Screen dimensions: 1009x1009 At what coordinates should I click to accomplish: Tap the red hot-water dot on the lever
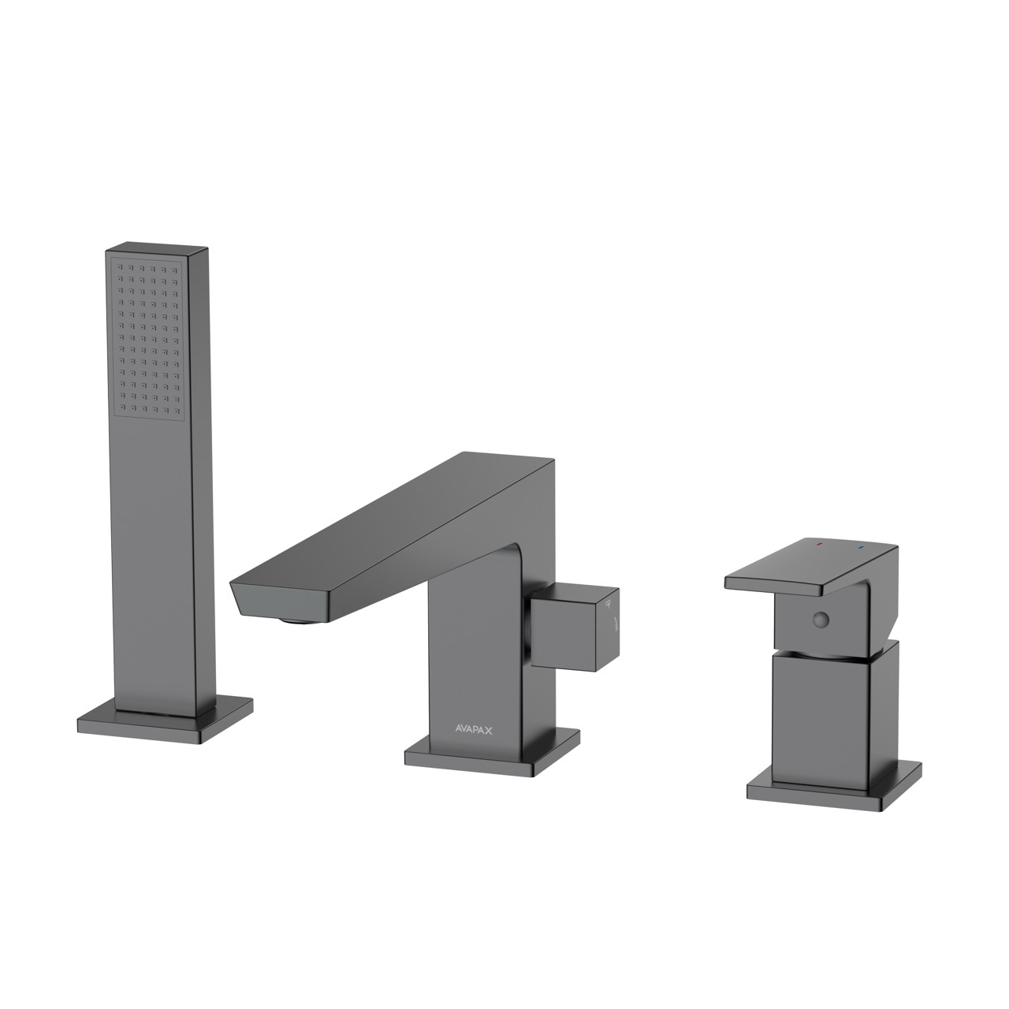tap(820, 545)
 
